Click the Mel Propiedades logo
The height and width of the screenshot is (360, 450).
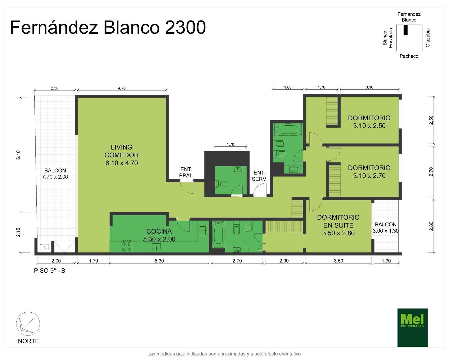412,327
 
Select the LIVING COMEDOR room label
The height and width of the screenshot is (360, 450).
121,155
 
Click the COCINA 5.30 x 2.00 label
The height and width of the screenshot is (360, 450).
159,235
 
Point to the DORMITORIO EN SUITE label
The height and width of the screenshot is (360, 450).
338,225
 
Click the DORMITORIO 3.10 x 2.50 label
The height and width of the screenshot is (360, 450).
369,122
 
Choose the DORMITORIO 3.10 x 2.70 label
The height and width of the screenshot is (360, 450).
369,172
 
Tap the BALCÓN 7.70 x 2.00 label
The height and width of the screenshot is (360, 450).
55,174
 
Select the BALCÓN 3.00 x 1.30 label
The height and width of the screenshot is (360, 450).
385,228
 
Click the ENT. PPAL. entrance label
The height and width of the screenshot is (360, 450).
186,172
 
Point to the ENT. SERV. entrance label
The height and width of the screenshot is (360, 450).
259,176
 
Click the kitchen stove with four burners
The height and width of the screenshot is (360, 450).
126,246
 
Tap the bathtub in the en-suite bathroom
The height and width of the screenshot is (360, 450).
218,233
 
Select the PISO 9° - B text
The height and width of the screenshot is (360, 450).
49,271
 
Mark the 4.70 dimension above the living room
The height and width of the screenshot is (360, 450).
122,88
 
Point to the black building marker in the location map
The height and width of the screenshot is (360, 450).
406,30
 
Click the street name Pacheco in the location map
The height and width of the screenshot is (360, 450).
409,56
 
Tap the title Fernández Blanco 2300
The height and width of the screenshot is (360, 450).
108,27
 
